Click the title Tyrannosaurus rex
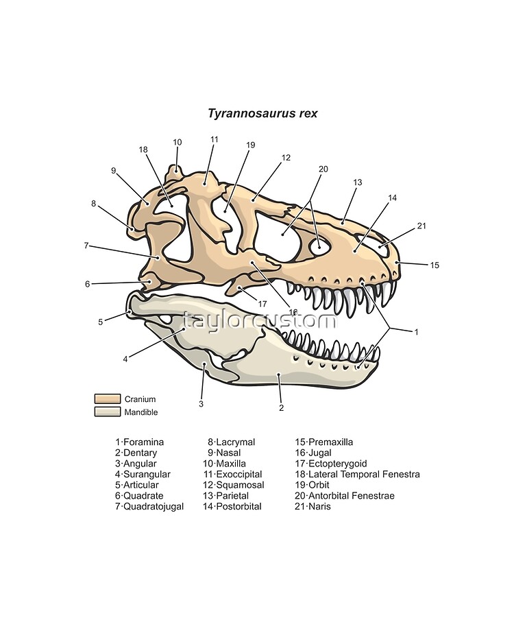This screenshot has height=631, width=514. (262, 113)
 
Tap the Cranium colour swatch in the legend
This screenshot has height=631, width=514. (108, 398)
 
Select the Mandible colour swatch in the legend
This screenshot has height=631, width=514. (108, 412)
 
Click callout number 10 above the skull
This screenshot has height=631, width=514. (178, 142)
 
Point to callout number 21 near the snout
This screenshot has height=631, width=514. (421, 226)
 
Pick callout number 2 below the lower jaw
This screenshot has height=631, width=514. (282, 407)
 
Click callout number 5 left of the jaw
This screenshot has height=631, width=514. (101, 322)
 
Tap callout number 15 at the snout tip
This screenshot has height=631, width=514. (435, 265)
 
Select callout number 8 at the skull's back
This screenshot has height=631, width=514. (94, 204)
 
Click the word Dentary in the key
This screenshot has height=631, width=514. (140, 453)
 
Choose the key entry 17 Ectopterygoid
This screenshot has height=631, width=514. (331, 464)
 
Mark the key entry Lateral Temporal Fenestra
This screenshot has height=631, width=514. (364, 474)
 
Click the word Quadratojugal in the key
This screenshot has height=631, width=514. (154, 507)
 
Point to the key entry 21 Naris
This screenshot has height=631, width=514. (313, 506)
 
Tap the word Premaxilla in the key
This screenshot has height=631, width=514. (330, 442)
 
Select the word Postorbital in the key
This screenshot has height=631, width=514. (239, 506)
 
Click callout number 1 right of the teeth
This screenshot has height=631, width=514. (416, 332)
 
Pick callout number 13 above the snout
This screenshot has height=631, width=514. (358, 182)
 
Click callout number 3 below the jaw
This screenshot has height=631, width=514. (201, 404)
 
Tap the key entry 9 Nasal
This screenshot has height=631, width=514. (224, 453)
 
